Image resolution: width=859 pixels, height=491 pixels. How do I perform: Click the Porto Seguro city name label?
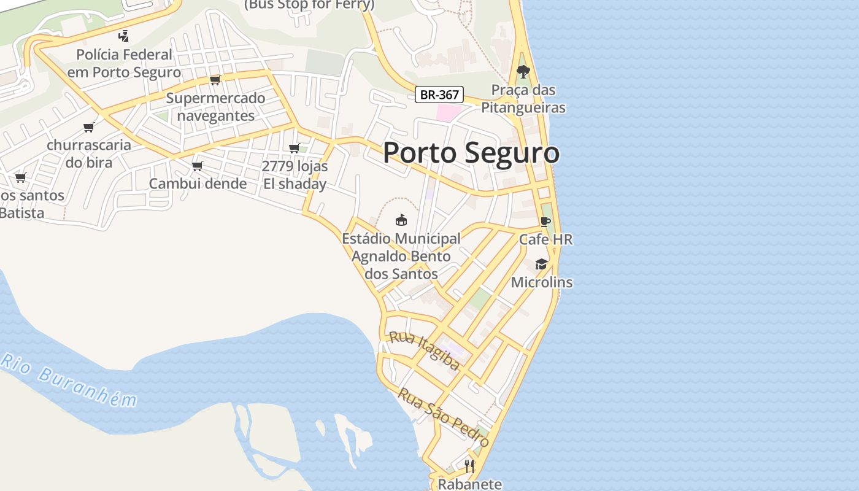point(471,152)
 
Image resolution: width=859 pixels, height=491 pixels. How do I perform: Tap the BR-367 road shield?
point(439,95)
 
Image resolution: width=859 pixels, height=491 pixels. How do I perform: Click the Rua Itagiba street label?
point(425,351)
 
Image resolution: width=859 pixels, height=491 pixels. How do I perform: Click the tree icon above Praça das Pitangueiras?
point(523,72)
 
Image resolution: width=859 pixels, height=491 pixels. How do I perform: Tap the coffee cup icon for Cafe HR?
point(545,222)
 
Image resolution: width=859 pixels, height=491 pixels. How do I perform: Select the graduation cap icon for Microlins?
point(541,264)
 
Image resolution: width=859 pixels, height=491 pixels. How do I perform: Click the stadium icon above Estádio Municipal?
point(401,220)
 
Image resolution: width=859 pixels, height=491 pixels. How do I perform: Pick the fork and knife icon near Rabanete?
point(469,466)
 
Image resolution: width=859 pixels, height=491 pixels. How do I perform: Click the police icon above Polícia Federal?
point(124,36)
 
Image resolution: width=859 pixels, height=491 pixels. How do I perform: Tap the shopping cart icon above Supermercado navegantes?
point(215,80)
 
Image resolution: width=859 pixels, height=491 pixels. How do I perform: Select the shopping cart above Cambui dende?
point(198,166)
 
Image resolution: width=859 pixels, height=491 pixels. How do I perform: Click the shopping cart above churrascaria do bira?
point(89,127)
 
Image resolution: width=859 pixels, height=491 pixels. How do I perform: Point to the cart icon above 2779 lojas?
point(294,148)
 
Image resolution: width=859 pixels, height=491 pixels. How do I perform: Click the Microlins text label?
point(542,282)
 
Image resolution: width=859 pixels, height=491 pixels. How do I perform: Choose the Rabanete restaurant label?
point(469,484)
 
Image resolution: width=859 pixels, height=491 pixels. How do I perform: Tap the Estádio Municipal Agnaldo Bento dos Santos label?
point(401,256)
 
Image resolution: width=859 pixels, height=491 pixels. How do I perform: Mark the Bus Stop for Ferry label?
point(309,5)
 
